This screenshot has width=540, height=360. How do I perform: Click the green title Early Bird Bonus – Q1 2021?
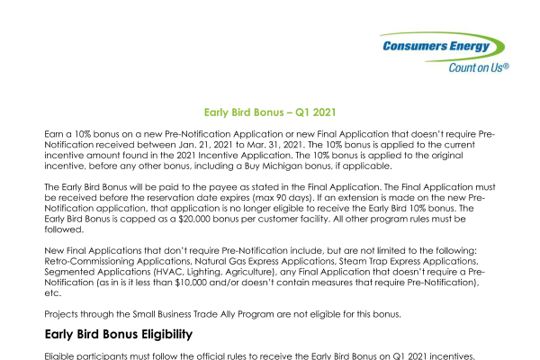[270, 112]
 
